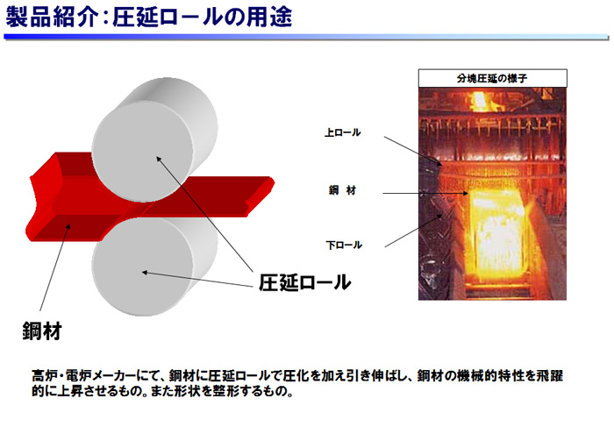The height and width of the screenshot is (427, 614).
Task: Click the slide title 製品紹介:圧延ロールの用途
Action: click(x=149, y=18)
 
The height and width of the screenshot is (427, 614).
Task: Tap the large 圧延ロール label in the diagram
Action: click(x=304, y=282)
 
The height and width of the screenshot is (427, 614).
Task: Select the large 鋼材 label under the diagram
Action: click(x=42, y=331)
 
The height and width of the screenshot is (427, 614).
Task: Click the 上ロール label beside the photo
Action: click(x=343, y=132)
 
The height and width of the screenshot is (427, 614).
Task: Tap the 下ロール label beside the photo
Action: click(x=344, y=246)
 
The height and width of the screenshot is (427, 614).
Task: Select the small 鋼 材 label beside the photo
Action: click(x=343, y=190)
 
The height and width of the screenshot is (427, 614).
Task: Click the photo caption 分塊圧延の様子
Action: click(x=492, y=79)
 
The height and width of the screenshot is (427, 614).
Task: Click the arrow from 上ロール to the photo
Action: click(x=413, y=151)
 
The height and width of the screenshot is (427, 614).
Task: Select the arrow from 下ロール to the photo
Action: click(x=413, y=231)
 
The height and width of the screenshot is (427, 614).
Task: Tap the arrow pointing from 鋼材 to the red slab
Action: click(x=55, y=267)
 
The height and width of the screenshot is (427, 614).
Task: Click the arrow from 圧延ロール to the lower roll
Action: click(x=197, y=279)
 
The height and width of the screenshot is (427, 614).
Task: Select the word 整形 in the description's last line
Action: click(x=225, y=391)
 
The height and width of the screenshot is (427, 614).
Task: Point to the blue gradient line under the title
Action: click(x=306, y=37)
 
